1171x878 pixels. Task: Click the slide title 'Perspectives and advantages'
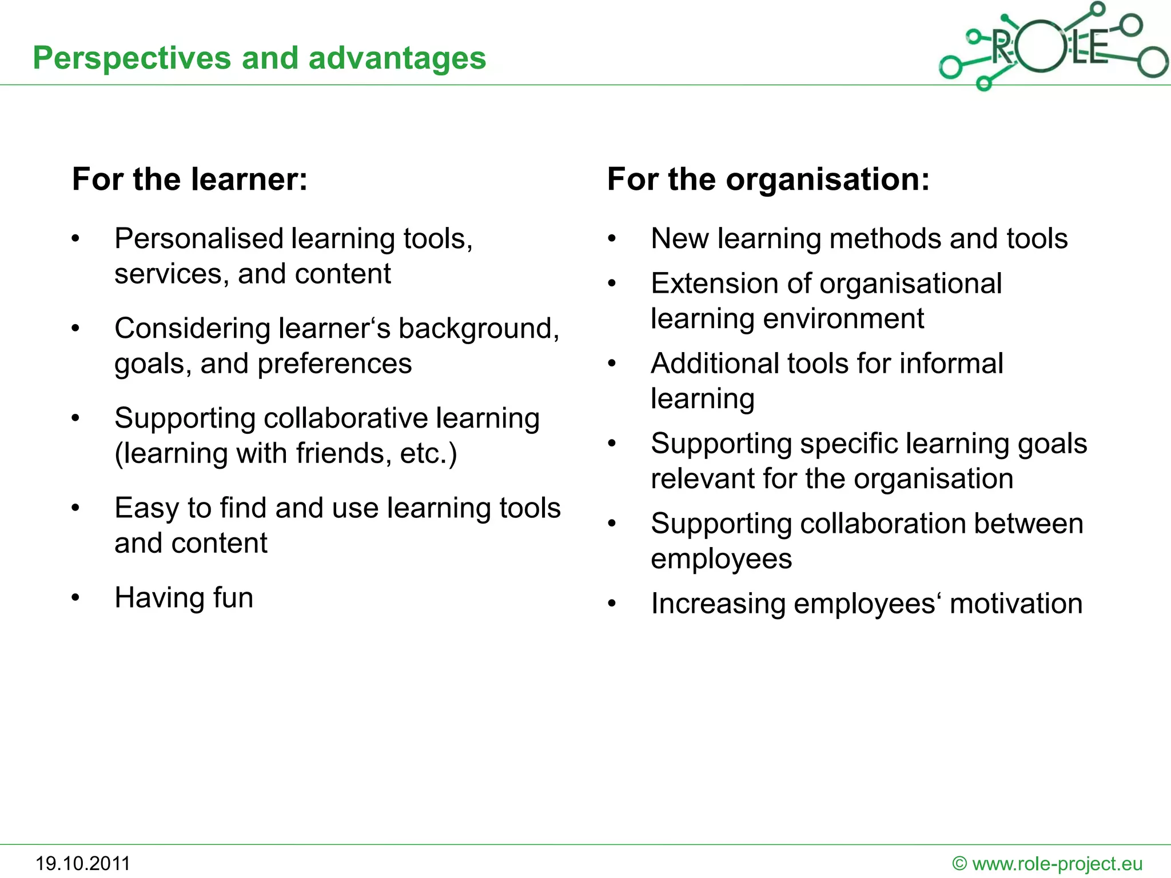coord(259,58)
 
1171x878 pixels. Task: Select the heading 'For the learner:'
coord(190,179)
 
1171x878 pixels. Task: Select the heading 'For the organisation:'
coord(768,179)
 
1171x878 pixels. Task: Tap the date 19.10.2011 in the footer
coord(83,863)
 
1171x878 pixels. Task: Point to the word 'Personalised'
coord(199,239)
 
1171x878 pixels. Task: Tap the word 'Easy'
coord(147,509)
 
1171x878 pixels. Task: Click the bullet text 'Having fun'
coord(184,598)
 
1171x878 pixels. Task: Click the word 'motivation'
coord(1016,604)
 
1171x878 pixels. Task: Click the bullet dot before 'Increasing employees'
coord(612,604)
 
